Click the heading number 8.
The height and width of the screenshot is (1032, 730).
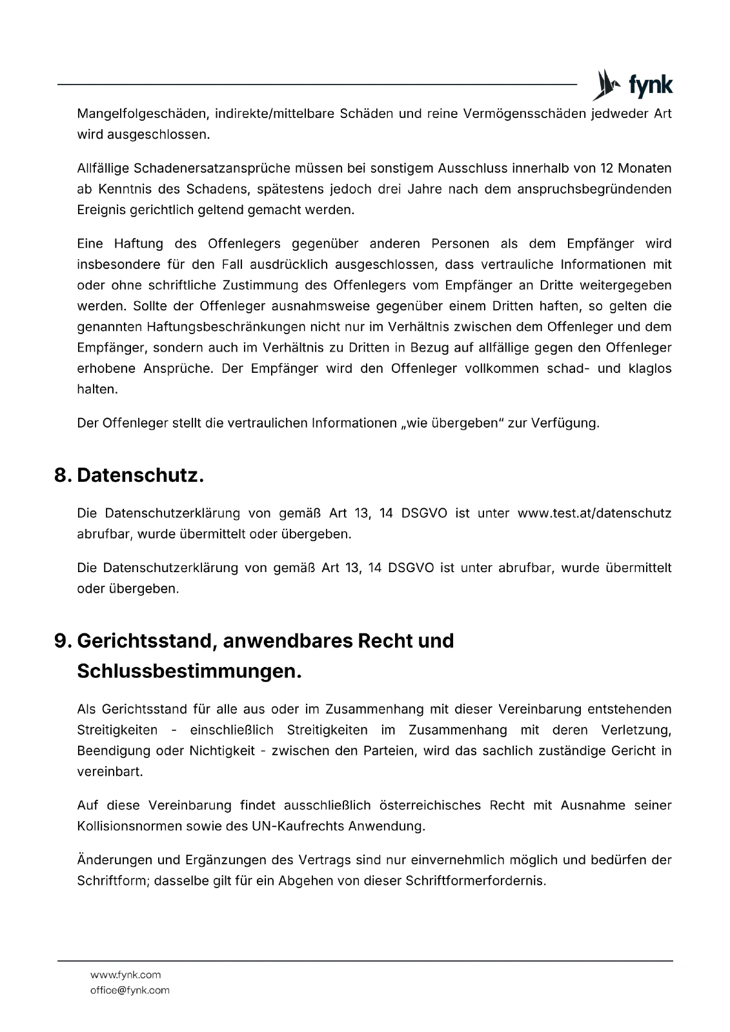click(x=62, y=476)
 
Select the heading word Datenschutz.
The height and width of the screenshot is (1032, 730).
click(x=140, y=476)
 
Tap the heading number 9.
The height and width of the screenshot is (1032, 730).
click(x=62, y=641)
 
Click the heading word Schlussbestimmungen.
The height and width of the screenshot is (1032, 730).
click(x=189, y=671)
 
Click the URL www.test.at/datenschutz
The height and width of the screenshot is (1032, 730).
click(x=594, y=513)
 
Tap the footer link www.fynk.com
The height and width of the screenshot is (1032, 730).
click(x=125, y=975)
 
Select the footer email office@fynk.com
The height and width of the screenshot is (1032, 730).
click(x=130, y=990)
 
